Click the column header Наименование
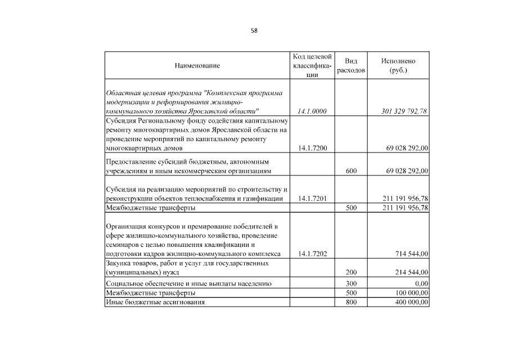coord(197,66)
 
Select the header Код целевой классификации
coord(312,66)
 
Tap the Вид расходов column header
coord(351,66)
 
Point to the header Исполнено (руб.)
coord(398,66)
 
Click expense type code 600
coord(352,170)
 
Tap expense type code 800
coord(352,303)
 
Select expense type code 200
coord(352,272)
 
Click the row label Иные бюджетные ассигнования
coord(155,303)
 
